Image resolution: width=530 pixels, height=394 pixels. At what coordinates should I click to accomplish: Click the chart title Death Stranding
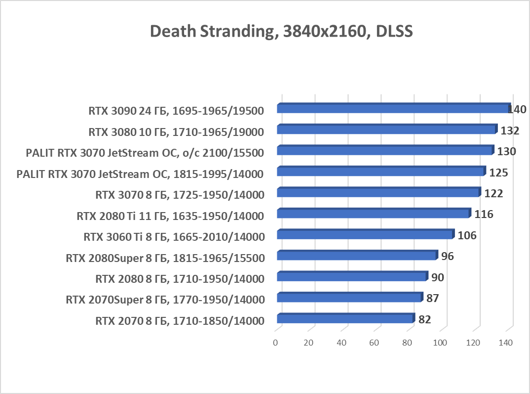point(280,31)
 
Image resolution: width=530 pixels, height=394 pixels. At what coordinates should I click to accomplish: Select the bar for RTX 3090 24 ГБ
point(393,108)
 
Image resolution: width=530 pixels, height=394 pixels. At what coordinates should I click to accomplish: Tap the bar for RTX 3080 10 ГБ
point(386,130)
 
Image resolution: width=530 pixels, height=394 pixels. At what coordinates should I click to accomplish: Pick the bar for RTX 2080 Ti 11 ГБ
point(373,214)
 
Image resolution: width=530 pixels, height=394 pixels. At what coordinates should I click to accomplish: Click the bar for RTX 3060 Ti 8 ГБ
point(365,234)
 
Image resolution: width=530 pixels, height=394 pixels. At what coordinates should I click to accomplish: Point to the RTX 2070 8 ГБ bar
point(345,319)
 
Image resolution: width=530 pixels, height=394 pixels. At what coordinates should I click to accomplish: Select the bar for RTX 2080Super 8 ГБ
point(357,256)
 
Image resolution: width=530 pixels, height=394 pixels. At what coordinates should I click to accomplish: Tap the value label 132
point(510,131)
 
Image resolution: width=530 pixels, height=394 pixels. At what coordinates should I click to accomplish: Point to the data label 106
point(467,235)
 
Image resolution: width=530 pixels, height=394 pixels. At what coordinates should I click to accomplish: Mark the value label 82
point(424,319)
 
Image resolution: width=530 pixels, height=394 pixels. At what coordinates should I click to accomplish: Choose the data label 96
point(447,256)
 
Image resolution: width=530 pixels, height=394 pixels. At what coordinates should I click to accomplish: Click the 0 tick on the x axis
point(275,342)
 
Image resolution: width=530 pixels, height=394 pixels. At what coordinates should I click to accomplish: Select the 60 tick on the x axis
point(374,342)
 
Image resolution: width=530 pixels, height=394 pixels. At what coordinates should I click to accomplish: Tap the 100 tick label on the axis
point(440,342)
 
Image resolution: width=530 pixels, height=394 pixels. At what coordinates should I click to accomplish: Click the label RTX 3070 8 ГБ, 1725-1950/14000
point(180,194)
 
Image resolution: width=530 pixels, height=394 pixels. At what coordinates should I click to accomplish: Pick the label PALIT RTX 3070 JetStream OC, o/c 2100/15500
point(145,152)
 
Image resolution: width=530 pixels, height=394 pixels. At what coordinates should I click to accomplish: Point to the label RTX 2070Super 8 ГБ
point(165,299)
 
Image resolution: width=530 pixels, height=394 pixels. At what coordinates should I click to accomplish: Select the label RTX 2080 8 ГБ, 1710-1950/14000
point(180,278)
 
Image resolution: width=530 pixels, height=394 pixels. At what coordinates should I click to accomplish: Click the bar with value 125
point(380,172)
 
